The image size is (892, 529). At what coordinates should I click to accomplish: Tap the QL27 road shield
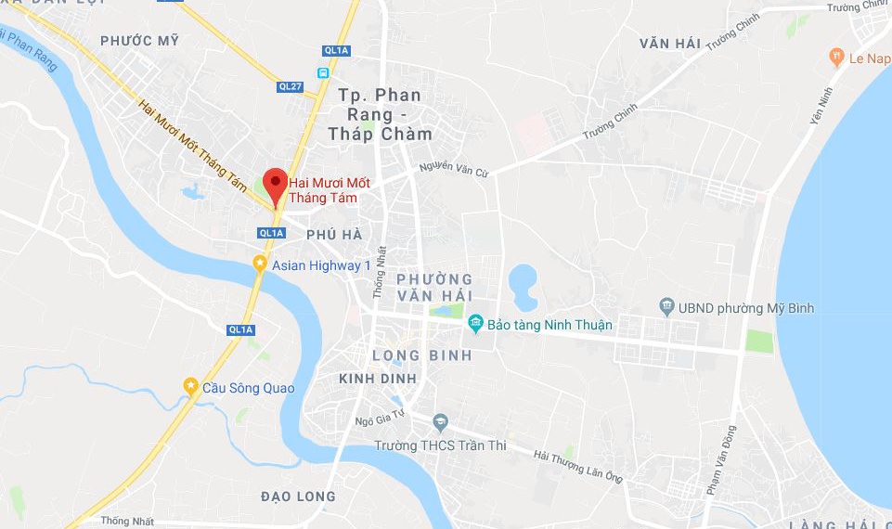[x=291, y=86]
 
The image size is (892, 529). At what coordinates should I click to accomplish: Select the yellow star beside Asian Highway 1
[x=261, y=264]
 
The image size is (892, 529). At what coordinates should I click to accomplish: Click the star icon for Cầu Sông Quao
[x=190, y=384]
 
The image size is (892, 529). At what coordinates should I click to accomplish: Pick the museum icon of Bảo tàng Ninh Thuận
[x=476, y=324]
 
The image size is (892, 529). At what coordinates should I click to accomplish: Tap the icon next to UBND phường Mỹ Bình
[x=666, y=306]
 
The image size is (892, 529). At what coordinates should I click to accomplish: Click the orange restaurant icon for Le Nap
[x=837, y=58]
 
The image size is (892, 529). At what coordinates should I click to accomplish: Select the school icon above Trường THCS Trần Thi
[x=440, y=424]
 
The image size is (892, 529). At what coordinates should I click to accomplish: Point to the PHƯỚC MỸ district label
[x=139, y=41]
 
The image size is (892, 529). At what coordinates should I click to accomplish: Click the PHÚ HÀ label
[x=333, y=235]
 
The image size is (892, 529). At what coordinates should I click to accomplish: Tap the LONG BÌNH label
[x=421, y=355]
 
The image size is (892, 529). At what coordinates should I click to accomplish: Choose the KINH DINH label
[x=378, y=380]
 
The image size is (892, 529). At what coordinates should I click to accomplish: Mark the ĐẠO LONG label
[x=298, y=497]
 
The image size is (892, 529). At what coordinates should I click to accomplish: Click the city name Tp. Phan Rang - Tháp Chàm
[x=381, y=114]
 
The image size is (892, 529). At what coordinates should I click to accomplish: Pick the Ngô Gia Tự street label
[x=378, y=420]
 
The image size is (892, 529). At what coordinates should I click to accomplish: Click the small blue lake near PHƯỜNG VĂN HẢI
[x=524, y=286]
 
